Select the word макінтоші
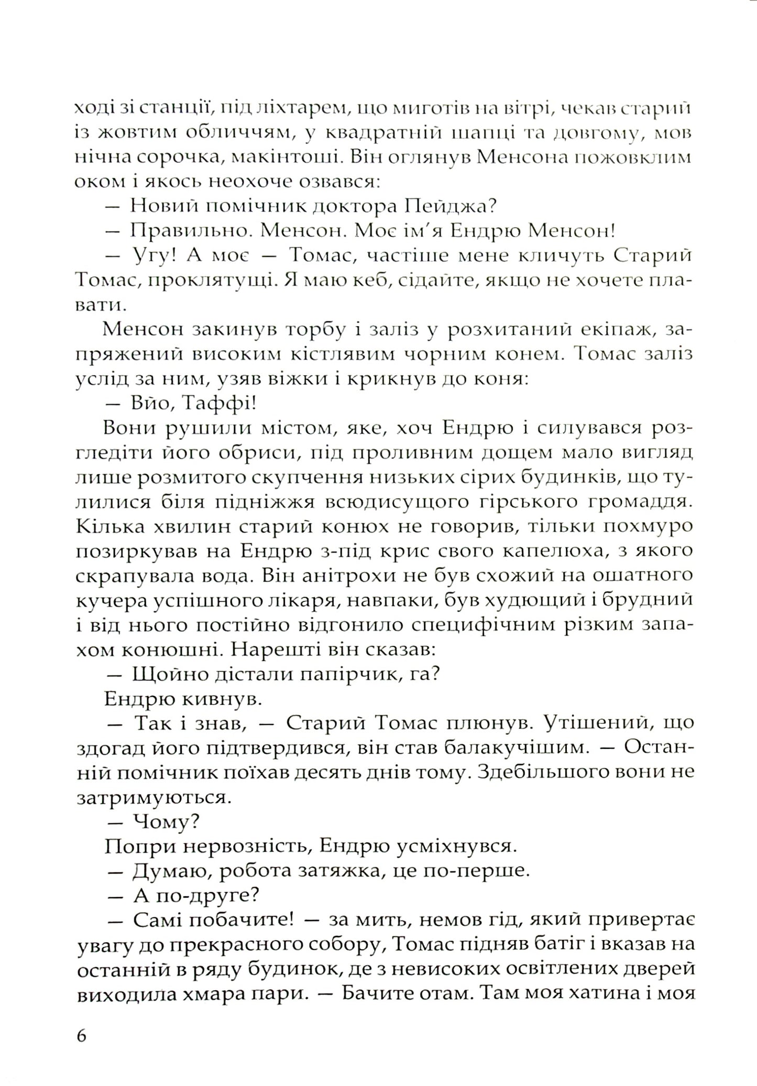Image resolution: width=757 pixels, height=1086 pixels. (277, 157)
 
